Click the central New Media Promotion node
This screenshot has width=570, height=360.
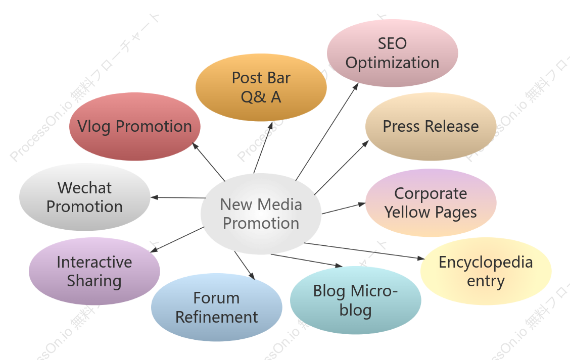point(261,214)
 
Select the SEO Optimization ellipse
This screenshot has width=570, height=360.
point(392,53)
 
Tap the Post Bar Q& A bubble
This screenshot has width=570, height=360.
point(261,87)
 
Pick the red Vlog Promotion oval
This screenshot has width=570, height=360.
point(135,126)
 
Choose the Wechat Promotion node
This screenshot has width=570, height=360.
point(85,197)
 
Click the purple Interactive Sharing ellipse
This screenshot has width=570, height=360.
point(94,271)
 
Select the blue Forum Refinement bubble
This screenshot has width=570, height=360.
point(217,307)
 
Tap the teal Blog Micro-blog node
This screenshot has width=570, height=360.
point(356,300)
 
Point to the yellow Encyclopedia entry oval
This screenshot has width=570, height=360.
point(486,271)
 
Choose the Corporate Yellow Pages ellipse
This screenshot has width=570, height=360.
point(431,202)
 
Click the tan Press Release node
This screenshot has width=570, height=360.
point(431,126)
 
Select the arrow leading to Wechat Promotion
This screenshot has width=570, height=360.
point(178,197)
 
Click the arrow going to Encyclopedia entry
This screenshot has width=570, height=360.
point(364,251)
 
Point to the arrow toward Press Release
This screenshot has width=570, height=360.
point(342,168)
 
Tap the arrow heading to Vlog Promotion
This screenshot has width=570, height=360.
point(208,162)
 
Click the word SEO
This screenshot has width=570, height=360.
point(392,43)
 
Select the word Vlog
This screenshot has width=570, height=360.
point(94,127)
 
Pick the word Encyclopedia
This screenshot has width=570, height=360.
point(486,263)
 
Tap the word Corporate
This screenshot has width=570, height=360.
point(431,193)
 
